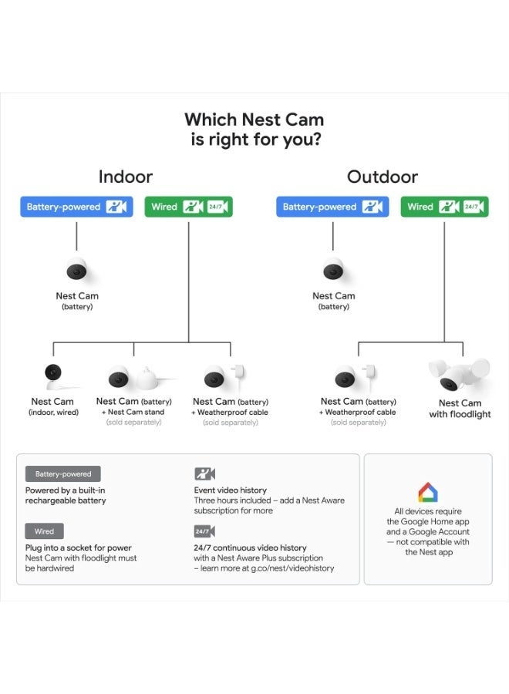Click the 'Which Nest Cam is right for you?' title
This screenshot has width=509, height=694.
pos(254,130)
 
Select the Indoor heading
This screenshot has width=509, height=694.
pos(126,177)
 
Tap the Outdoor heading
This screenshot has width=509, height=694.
pos(383,177)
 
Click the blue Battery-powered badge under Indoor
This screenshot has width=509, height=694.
pos(76,207)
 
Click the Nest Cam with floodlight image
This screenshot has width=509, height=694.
pos(458,375)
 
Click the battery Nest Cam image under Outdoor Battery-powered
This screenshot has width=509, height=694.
pos(333,271)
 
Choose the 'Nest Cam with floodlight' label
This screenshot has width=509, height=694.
pos(460,409)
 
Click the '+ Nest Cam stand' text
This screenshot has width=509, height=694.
pos(133,413)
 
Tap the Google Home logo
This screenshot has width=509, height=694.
pos(428,492)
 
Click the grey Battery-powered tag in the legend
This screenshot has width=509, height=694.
pos(62,474)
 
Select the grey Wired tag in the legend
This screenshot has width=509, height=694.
pos(44,531)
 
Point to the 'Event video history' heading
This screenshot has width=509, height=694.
pos(230,490)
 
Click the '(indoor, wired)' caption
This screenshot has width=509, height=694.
pos(52,413)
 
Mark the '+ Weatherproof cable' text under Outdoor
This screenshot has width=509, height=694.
pos(358,413)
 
